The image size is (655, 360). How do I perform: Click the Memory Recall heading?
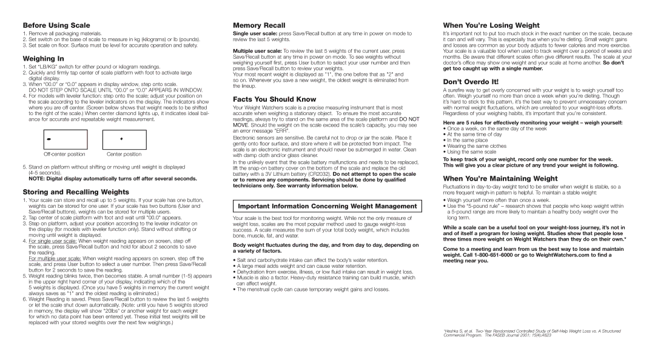(259, 25)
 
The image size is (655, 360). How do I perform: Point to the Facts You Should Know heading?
(275, 98)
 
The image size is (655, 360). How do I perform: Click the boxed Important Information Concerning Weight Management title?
(326, 206)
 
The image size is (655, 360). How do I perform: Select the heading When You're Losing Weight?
(491, 25)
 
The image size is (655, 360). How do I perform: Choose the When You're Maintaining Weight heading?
(500, 178)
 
